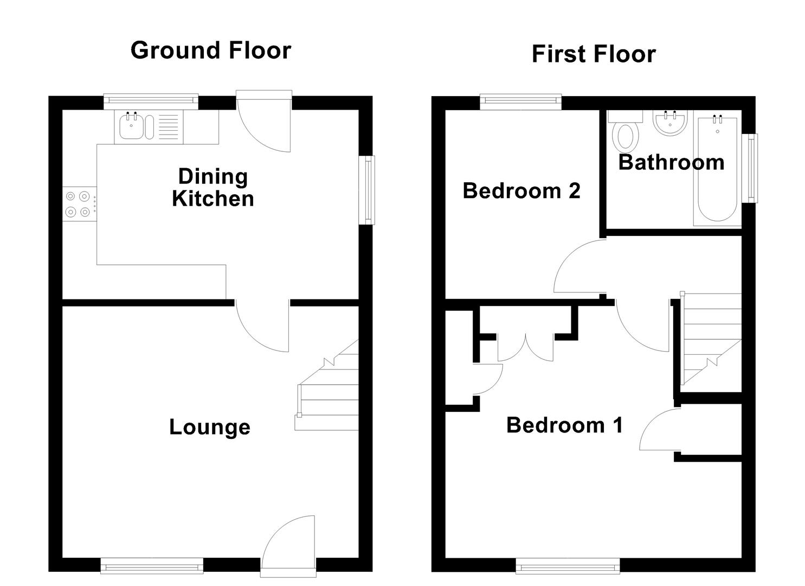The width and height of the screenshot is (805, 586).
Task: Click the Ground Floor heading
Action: click(211, 50)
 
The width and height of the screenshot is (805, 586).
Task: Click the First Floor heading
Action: click(594, 54)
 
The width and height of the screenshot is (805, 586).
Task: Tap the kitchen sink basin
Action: click(131, 128)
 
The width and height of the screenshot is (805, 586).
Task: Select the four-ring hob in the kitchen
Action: click(78, 204)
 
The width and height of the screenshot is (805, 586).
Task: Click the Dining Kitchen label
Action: click(213, 187)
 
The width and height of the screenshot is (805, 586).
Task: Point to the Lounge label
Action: click(210, 427)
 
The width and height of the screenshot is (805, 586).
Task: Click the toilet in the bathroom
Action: click(625, 136)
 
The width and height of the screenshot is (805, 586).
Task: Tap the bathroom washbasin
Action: click(671, 123)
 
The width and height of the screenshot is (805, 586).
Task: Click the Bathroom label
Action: click(671, 163)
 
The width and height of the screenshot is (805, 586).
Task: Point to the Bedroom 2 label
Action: click(521, 191)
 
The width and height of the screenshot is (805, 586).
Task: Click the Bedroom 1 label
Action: click(564, 425)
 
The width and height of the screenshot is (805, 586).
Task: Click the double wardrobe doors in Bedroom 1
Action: click(525, 347)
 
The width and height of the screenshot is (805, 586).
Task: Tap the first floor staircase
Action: click(710, 342)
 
